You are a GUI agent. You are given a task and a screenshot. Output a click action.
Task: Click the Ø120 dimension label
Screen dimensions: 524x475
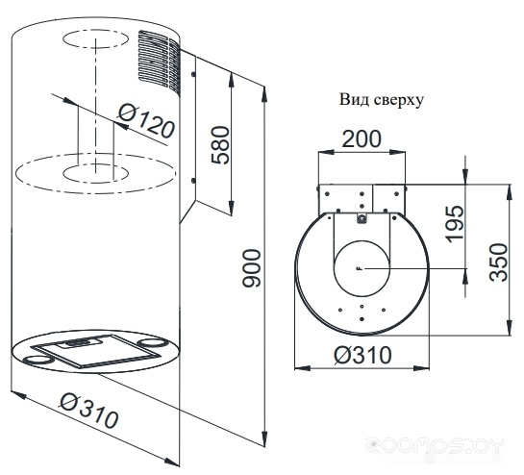click(146, 121)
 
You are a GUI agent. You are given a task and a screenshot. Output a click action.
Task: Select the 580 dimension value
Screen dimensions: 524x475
click(221, 145)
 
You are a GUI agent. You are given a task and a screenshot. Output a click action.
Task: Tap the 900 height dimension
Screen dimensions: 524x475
click(251, 268)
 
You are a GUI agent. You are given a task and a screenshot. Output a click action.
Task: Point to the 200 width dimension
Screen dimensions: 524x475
click(362, 138)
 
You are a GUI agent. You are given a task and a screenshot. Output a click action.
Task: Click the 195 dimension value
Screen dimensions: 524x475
click(455, 224)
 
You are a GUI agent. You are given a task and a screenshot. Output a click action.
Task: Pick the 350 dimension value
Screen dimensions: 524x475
click(498, 262)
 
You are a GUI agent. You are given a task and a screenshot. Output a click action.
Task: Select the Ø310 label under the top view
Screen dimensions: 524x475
click(362, 355)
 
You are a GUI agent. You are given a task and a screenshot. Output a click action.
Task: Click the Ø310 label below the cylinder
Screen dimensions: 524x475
click(88, 411)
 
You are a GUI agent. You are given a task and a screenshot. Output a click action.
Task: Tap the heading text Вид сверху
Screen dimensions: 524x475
click(382, 100)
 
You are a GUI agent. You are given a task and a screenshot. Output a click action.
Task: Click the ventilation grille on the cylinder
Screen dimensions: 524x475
click(160, 62)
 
